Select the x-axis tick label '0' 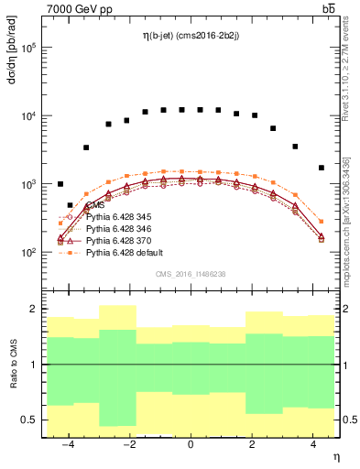pos(191,445)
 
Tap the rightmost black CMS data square pos(321,168)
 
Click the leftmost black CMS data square pos(60,184)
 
